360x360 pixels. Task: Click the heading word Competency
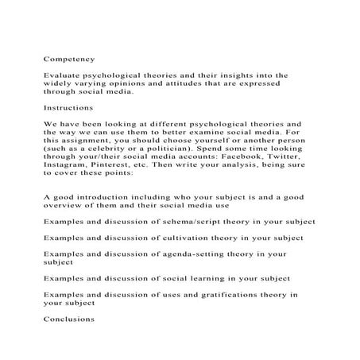point(68,58)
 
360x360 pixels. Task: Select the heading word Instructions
point(68,106)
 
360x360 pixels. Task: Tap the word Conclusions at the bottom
point(68,319)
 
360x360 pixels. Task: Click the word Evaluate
point(62,75)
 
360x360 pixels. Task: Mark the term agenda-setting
point(203,254)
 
